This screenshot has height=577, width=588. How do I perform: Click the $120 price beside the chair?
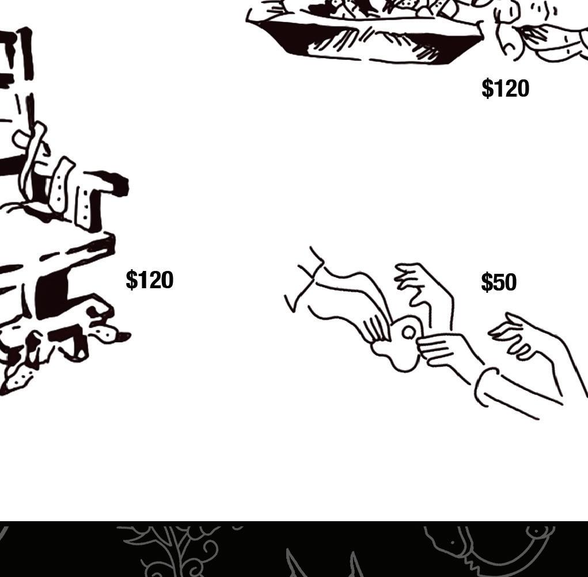[x=149, y=280]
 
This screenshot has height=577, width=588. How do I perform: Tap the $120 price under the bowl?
[x=505, y=89]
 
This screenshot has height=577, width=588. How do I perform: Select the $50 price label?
[x=498, y=282]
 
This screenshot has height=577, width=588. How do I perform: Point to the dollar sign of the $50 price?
[x=487, y=282]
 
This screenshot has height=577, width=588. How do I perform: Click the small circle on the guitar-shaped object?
[x=408, y=333]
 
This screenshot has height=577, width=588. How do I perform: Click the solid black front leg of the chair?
[x=52, y=296]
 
